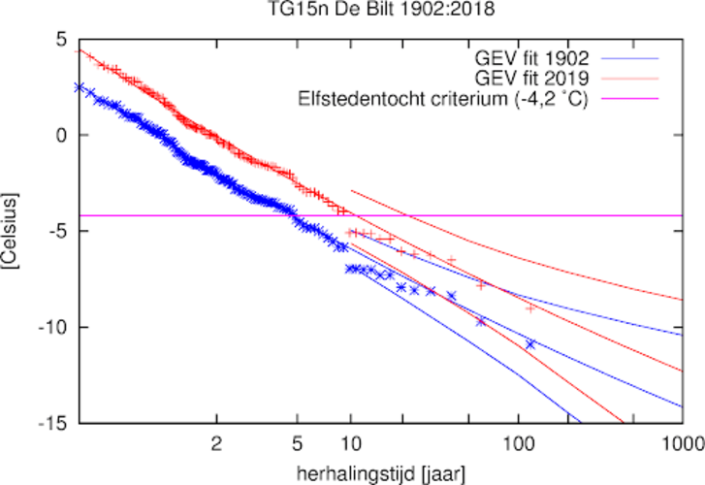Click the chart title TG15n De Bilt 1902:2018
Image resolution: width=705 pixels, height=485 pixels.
tap(353, 13)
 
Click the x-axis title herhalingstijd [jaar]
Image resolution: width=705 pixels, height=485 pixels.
tap(378, 472)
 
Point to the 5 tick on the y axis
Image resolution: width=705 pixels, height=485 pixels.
tap(61, 40)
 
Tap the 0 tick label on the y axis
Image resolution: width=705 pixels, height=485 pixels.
tap(61, 135)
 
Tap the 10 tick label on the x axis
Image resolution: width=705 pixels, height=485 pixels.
tap(351, 442)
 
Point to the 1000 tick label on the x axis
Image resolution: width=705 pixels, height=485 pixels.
tap(679, 442)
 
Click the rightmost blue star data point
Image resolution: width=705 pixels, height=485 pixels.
tap(530, 344)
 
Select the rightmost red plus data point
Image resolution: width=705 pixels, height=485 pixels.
tap(530, 307)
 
